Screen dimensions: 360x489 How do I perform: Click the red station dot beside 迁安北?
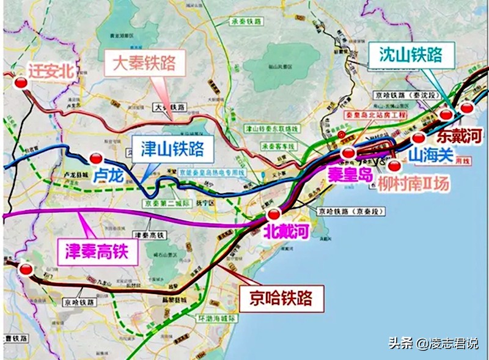(x=20, y=84)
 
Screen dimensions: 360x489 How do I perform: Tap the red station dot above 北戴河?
(x=274, y=213)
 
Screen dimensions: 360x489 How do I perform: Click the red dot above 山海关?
(x=418, y=138)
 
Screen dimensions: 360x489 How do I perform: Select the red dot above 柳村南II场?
(x=394, y=166)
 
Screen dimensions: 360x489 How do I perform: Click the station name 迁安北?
(x=50, y=70)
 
